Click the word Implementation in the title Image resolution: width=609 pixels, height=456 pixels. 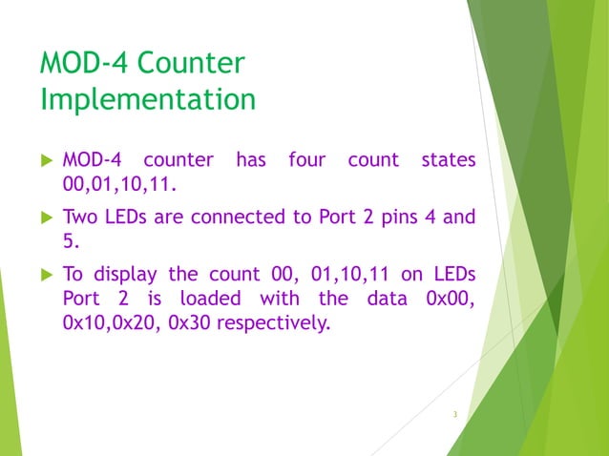point(148,99)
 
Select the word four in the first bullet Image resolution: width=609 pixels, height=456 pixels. point(306,159)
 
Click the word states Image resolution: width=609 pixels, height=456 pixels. point(447,159)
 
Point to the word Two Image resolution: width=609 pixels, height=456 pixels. point(81,217)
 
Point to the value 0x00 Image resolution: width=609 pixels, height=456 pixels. point(451,299)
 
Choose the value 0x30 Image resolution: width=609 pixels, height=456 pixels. point(189,322)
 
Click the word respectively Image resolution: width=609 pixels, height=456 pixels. point(273,323)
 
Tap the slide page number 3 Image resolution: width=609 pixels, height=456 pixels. point(455,414)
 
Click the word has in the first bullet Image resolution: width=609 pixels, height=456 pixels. point(249,159)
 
